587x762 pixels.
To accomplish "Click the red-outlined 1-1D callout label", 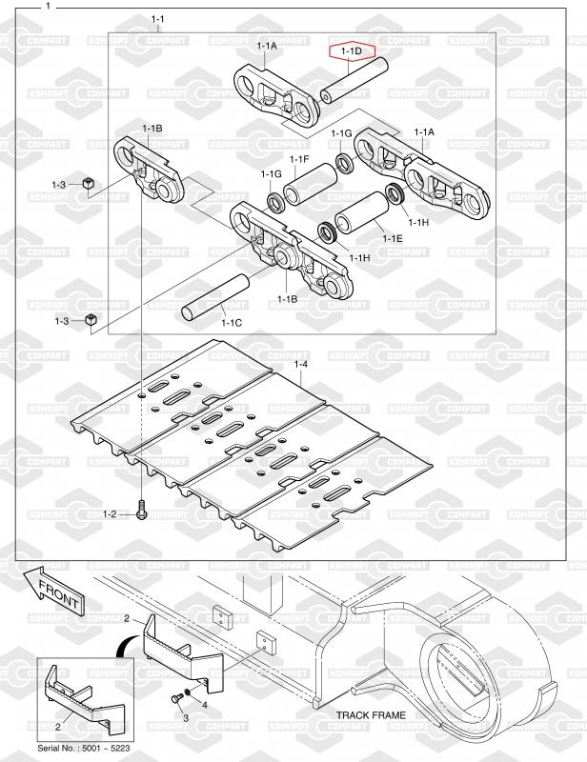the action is (x=352, y=50).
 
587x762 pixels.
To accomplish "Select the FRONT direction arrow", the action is (x=54, y=590).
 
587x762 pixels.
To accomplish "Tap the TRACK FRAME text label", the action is (x=371, y=715).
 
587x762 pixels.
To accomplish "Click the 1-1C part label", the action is (x=232, y=323).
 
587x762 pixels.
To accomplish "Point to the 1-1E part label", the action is (x=393, y=238).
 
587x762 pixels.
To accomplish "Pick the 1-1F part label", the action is (x=299, y=159).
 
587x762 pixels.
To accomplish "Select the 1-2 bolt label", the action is (x=110, y=514).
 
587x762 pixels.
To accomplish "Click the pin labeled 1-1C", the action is (x=215, y=297).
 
